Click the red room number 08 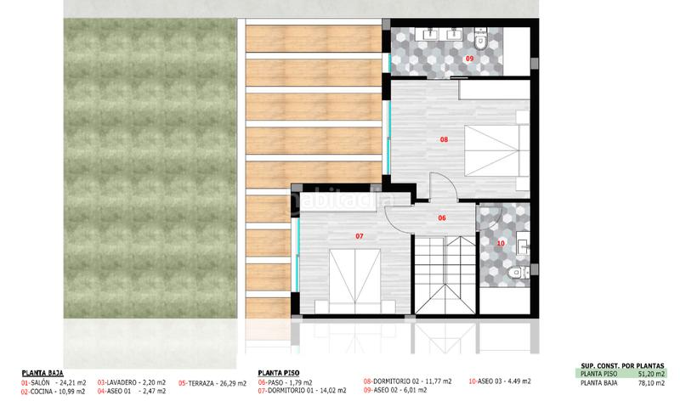(x=443, y=138)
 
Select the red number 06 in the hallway (x=442, y=218)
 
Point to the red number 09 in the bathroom (x=469, y=58)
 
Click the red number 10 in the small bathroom (x=500, y=242)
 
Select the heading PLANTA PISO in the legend (x=279, y=372)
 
